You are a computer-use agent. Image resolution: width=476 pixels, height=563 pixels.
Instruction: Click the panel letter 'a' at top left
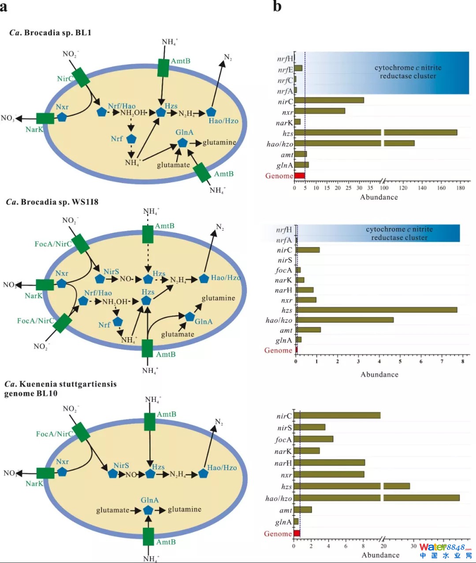(4, 7)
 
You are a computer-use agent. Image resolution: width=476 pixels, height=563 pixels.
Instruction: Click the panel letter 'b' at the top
(277, 6)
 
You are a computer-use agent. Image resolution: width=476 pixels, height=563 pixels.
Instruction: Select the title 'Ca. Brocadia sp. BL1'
(50, 33)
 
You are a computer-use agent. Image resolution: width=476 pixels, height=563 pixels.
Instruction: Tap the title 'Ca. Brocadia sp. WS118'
(52, 202)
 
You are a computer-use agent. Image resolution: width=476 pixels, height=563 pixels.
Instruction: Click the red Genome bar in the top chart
(300, 176)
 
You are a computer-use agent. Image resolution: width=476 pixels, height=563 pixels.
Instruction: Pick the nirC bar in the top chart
(329, 100)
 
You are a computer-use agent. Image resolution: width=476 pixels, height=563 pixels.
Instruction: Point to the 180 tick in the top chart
(461, 188)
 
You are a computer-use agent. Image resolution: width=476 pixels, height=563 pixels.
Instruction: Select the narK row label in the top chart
(284, 123)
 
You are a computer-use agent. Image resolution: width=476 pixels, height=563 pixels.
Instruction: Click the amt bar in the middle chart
(309, 330)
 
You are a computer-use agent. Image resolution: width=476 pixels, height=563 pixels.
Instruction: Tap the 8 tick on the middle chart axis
(463, 362)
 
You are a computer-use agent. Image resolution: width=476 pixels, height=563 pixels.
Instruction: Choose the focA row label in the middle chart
(283, 270)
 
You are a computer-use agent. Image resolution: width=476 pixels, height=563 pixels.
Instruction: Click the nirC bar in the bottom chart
(337, 416)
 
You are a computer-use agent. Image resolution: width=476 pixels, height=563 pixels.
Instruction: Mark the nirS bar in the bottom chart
(309, 427)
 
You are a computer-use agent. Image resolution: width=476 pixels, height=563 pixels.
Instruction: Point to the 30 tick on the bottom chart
(413, 546)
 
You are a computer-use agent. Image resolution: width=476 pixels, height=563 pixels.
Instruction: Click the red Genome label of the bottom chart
(278, 534)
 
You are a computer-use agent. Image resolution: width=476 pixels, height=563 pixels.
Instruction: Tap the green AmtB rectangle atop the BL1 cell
(164, 68)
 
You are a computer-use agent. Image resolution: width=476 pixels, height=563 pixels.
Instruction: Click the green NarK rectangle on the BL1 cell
(45, 118)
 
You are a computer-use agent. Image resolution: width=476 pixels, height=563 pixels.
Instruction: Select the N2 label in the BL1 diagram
(227, 57)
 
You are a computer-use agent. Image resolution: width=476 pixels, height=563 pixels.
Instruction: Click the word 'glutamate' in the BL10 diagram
(113, 510)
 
